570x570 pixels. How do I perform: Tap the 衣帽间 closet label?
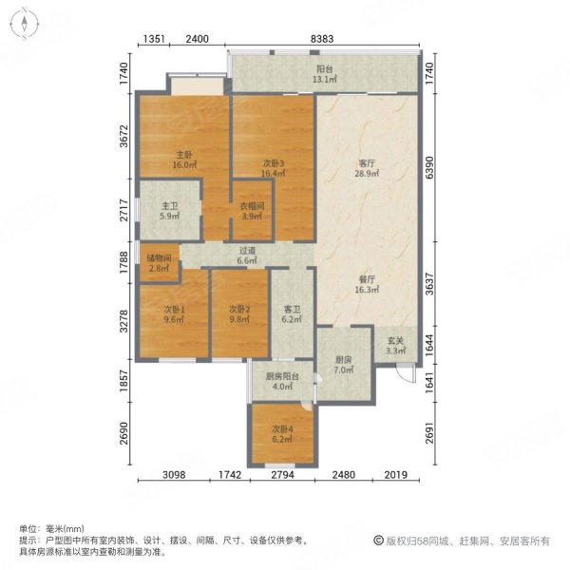(251, 210)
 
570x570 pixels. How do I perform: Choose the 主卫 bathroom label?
(169, 210)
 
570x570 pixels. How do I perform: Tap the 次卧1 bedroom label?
(171, 310)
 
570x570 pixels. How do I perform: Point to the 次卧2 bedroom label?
(239, 310)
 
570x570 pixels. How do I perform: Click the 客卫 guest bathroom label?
(292, 310)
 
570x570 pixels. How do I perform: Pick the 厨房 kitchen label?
(344, 360)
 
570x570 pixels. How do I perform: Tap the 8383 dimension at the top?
(324, 40)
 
